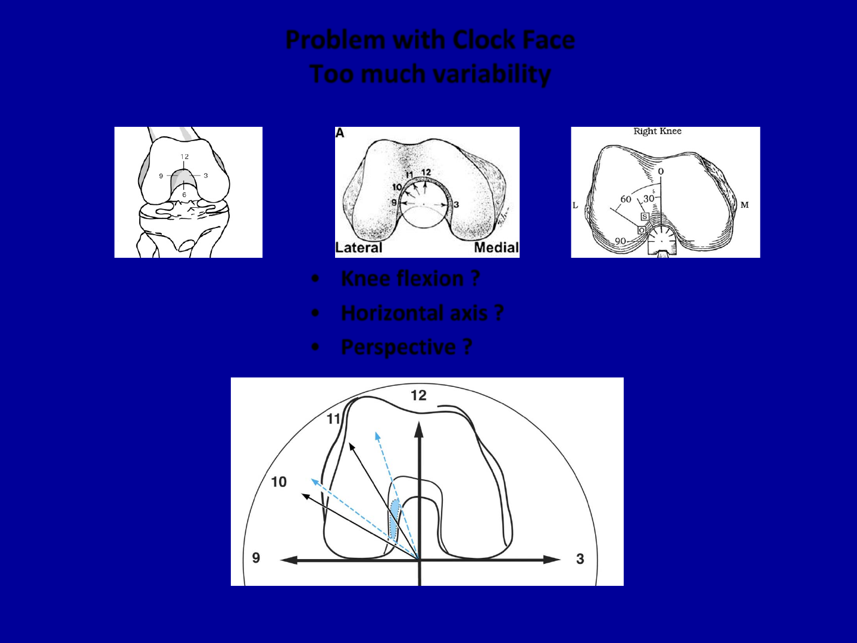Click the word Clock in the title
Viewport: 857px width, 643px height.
click(483, 40)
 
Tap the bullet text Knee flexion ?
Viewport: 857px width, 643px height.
click(410, 279)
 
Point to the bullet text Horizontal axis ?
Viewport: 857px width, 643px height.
click(422, 313)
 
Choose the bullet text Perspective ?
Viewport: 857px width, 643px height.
click(406, 347)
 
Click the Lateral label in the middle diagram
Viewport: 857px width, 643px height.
click(358, 248)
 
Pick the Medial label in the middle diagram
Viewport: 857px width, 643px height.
click(496, 248)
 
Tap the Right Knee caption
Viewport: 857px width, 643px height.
click(657, 132)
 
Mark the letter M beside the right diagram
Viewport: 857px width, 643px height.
click(745, 205)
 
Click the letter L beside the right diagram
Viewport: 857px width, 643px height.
click(575, 206)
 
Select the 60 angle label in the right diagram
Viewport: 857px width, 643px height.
click(625, 199)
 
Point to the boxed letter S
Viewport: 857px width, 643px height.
click(644, 217)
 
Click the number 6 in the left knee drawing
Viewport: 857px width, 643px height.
click(184, 195)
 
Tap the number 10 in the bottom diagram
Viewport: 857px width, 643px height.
click(279, 482)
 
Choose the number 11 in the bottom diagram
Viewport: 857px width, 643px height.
click(333, 419)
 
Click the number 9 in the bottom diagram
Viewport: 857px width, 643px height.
click(256, 558)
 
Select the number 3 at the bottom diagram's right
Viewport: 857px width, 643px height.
click(580, 559)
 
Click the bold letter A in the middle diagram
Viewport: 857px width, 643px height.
click(340, 133)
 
